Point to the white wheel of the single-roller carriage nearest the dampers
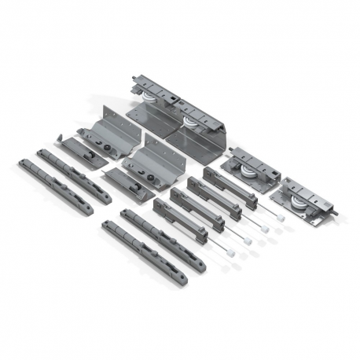point(248,174)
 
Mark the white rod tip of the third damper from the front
point(263,229)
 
